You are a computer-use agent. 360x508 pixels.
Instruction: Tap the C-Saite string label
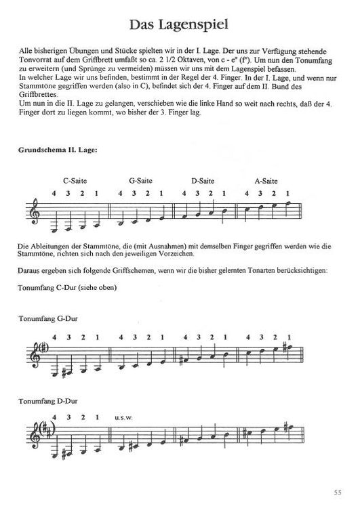click(75, 181)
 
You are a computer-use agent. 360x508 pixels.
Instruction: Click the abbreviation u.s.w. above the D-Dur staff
click(125, 417)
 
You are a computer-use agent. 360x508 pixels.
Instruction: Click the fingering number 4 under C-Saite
click(54, 194)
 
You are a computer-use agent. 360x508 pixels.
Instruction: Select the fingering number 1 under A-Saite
click(289, 194)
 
